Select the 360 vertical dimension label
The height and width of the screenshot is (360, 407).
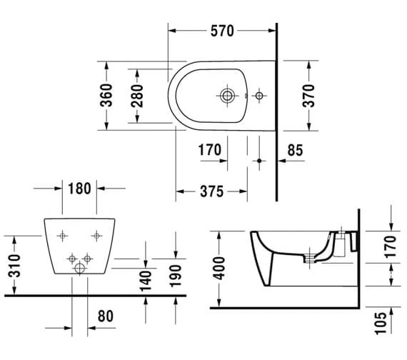coord(105,96)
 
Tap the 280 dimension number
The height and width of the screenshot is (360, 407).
coord(138,96)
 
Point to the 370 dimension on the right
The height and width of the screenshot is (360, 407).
coord(309,95)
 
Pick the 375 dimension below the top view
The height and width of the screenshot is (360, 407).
coord(212,191)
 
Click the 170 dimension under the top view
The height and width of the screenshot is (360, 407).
coord(209,151)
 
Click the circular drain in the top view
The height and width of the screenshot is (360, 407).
coord(228,95)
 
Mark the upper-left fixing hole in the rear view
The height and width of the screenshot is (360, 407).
coord(62,234)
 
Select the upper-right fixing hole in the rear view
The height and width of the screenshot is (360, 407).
coord(96,234)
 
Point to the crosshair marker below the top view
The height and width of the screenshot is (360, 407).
coord(259,161)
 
